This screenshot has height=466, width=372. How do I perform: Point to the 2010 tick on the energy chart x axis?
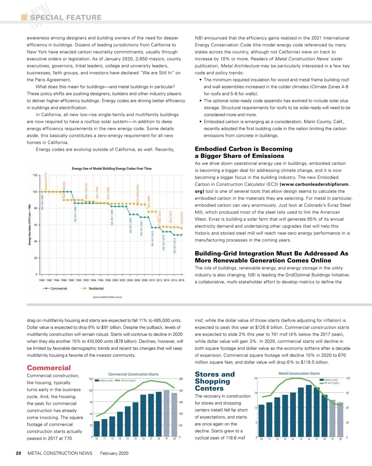click(x=152, y=280)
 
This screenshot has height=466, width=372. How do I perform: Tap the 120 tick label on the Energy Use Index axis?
click(x=35, y=175)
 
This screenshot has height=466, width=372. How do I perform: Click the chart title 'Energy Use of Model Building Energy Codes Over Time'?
click(x=112, y=169)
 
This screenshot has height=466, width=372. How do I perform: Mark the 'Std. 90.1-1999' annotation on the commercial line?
click(x=112, y=217)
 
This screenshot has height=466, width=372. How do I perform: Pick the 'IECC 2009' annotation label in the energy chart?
click(x=149, y=202)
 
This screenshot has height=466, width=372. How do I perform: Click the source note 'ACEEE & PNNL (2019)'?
click(x=107, y=297)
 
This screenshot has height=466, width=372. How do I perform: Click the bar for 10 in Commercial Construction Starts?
click(x=97, y=429)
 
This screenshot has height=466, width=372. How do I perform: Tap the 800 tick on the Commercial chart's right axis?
click(x=181, y=379)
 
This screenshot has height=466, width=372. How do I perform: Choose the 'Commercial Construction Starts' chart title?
click(x=133, y=374)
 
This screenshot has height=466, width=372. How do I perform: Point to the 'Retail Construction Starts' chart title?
click(x=299, y=374)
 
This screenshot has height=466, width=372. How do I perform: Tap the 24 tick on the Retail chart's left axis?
click(x=256, y=378)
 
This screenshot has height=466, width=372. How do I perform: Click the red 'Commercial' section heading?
click(x=49, y=368)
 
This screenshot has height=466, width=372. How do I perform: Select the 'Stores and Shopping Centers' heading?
click(x=215, y=381)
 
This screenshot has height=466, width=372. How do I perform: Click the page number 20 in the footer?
click(x=19, y=453)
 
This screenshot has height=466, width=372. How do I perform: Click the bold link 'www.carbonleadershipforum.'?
click(x=315, y=184)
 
